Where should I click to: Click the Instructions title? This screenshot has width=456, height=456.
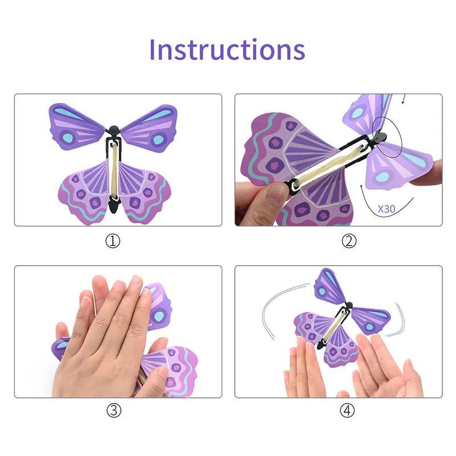(227, 50)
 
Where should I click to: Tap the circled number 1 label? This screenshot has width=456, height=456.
(113, 241)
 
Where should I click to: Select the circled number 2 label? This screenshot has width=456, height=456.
(349, 241)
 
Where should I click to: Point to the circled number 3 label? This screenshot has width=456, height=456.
(113, 410)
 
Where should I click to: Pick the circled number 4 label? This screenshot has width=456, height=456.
(349, 410)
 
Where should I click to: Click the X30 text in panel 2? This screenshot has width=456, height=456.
(386, 209)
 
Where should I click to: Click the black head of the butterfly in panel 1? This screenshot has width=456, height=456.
(114, 129)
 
